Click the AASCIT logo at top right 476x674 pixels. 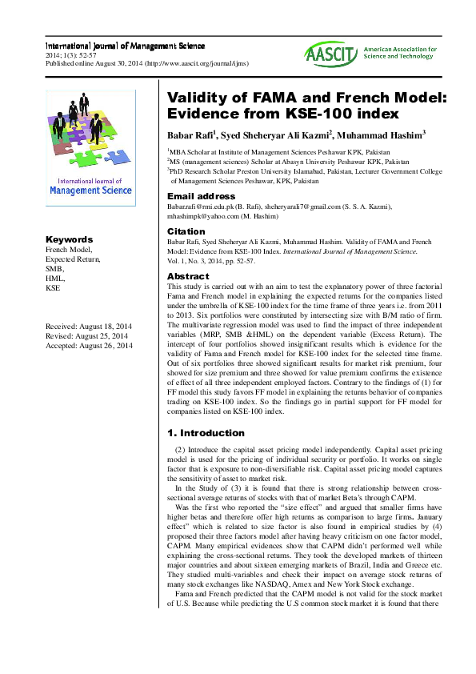point(330,54)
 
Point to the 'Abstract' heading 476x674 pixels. point(187,276)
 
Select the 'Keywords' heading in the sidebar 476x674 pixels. point(69,239)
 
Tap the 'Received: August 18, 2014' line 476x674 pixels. point(89,328)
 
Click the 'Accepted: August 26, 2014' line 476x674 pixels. point(89,346)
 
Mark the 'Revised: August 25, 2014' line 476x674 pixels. point(86,337)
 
